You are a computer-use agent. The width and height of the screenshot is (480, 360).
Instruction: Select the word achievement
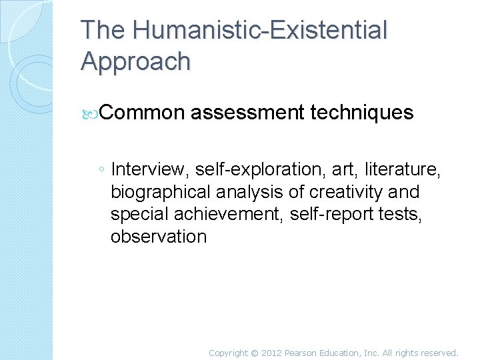[x=225, y=215]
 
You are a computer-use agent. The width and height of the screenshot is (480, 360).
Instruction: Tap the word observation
[x=159, y=237]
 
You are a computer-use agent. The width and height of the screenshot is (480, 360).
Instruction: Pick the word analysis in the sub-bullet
[x=246, y=193]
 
